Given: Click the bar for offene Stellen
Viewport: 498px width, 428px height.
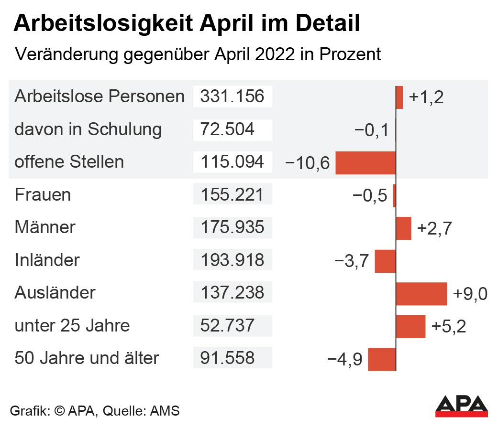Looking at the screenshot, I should click(x=365, y=162).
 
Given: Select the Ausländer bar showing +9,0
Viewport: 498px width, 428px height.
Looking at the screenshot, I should click(x=421, y=293).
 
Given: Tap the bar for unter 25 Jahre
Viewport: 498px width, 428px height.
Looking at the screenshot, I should click(x=410, y=326).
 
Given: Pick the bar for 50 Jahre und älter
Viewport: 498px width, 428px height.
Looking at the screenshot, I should click(x=382, y=359).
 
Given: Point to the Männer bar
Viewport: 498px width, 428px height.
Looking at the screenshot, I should click(x=403, y=228).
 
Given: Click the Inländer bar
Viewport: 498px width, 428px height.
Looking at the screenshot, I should click(x=385, y=261).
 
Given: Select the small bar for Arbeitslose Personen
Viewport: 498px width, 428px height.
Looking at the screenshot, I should click(x=399, y=97).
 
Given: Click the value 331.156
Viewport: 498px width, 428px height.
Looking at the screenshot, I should click(x=232, y=96).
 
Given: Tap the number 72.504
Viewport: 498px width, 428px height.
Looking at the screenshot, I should click(x=227, y=129).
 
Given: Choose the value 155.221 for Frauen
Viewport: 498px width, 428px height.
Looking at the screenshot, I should click(x=232, y=195).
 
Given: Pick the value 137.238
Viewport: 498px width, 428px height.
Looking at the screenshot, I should click(x=232, y=293).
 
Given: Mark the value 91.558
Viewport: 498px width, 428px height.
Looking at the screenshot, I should click(x=227, y=358).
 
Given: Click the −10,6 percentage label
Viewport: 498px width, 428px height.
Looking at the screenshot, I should click(x=307, y=163).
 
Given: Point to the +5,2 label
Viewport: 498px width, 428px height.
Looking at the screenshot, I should click(x=448, y=326).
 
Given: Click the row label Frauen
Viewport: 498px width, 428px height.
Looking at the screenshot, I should click(x=43, y=195).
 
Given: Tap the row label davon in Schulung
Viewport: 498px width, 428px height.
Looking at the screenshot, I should click(x=88, y=129).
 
